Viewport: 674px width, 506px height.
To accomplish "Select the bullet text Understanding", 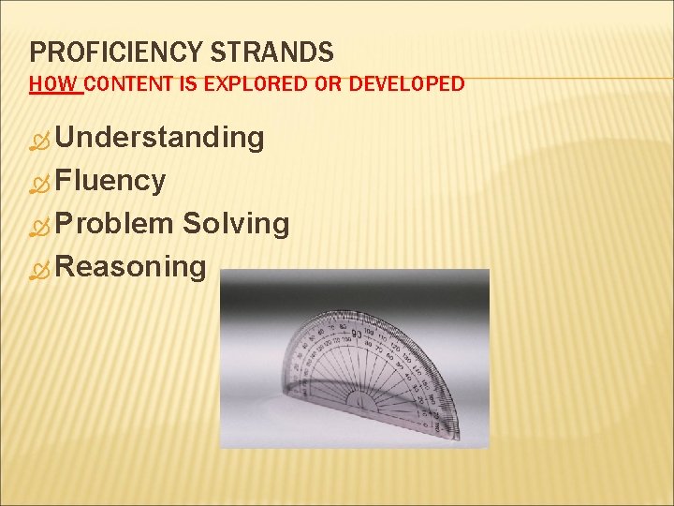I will click(159, 138).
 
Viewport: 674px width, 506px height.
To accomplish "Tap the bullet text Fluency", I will click(110, 181).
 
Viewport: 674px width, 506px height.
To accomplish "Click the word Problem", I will click(114, 224).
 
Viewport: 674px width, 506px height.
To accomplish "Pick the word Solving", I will click(236, 224).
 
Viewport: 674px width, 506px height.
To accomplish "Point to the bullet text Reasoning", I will click(130, 267).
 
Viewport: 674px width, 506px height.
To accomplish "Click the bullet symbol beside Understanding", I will click(39, 141).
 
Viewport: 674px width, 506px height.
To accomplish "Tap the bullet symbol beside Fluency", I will click(39, 185).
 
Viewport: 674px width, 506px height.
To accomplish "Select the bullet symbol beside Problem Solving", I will click(39, 228).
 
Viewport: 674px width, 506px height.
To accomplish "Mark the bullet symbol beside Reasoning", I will click(39, 271).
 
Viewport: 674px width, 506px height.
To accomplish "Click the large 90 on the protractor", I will click(357, 334).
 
